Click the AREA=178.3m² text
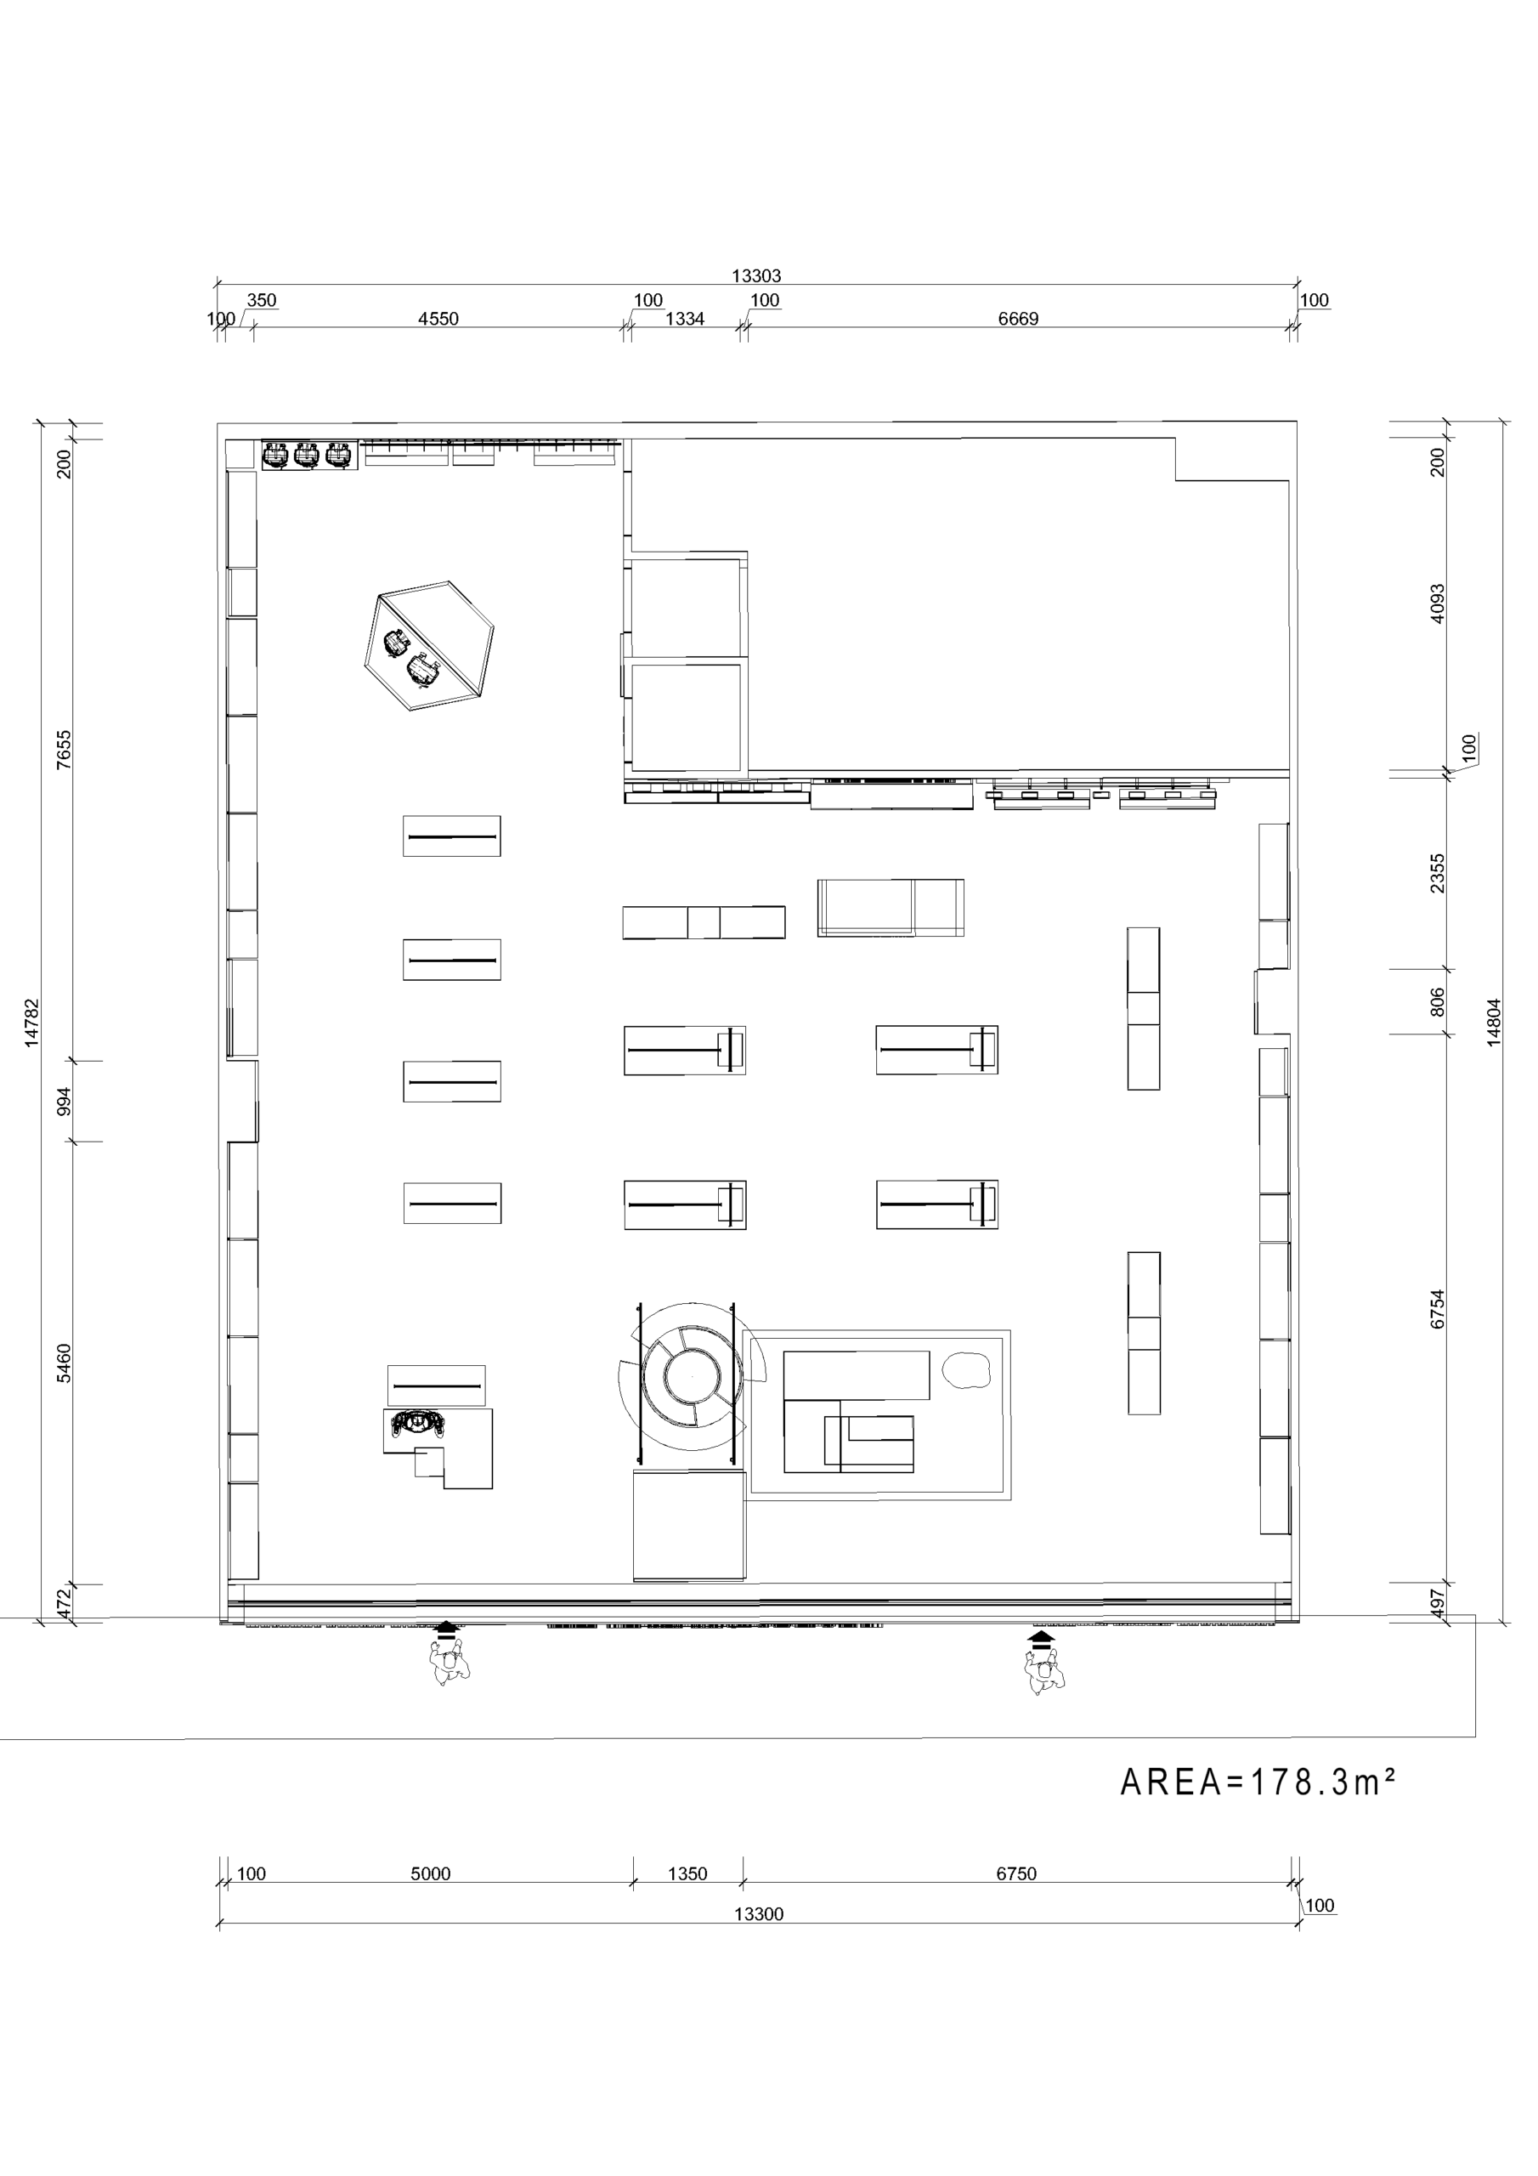click(1258, 1782)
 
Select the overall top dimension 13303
click(756, 275)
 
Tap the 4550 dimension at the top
click(438, 319)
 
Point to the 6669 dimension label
click(1018, 319)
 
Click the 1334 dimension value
click(684, 319)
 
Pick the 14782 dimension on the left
click(32, 1022)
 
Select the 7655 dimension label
click(64, 749)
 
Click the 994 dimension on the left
click(64, 1102)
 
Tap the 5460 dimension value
click(64, 1363)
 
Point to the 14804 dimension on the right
click(1495, 1022)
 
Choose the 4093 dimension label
click(1438, 603)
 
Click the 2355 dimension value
click(1438, 873)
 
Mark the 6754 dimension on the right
click(1438, 1309)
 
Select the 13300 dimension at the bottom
click(759, 1913)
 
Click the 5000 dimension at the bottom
click(430, 1873)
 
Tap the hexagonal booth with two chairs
click(429, 645)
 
